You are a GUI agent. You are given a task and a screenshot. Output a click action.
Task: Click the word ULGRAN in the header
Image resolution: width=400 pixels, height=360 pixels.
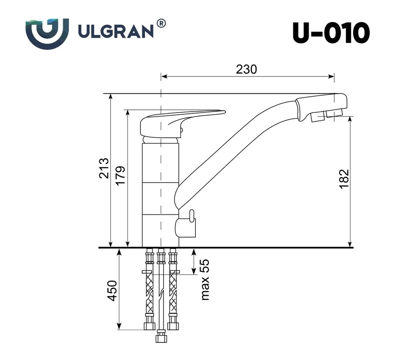point(116,31)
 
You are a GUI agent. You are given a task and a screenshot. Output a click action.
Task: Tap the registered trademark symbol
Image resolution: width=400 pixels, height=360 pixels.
point(161,23)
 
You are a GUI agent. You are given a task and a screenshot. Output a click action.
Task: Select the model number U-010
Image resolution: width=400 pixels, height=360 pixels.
point(331,33)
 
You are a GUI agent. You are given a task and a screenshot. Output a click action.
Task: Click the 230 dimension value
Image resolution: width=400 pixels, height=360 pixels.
point(246,69)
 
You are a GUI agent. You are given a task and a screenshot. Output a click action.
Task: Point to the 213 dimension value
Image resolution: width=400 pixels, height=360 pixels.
point(104,168)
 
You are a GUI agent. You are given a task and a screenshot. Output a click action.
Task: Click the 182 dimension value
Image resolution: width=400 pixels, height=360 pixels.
point(344,179)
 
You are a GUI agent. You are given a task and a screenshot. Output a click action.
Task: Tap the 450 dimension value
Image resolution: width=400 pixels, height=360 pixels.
point(112,291)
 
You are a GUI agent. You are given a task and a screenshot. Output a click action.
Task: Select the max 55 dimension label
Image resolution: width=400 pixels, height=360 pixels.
point(204,279)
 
